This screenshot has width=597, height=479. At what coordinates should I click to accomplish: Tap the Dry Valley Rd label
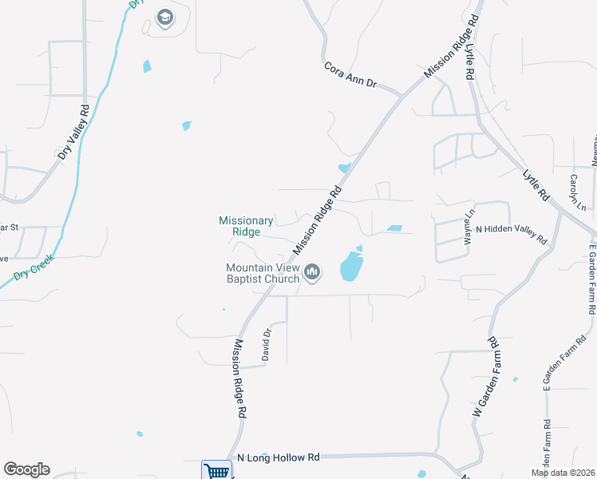click(x=73, y=131)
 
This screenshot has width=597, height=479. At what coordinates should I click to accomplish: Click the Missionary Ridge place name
click(x=247, y=226)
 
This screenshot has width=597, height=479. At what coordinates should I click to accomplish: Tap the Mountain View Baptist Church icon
click(x=312, y=274)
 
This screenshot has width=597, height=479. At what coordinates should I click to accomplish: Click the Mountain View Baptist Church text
click(x=262, y=273)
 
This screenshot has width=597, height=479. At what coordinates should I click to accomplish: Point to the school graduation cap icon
click(x=165, y=18)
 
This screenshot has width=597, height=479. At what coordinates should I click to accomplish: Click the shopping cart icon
click(x=216, y=470)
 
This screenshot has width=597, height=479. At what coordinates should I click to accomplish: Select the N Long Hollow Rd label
click(x=279, y=457)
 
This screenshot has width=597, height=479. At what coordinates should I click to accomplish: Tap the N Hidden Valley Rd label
click(x=511, y=234)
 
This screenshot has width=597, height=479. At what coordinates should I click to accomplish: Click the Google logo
click(x=26, y=469)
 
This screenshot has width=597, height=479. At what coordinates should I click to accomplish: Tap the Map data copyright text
click(x=562, y=473)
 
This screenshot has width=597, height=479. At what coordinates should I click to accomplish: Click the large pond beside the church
click(x=350, y=266)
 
